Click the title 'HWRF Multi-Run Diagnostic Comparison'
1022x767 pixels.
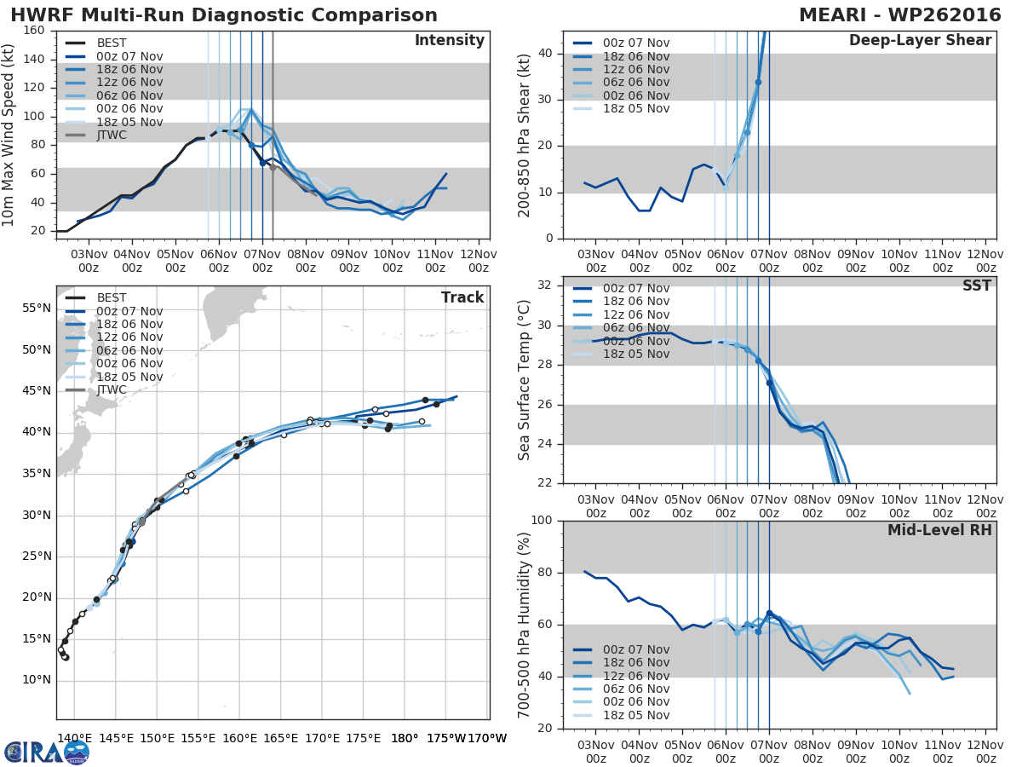coord(224,15)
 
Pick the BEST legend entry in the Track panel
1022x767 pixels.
coord(112,298)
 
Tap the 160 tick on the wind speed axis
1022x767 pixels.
coord(35,31)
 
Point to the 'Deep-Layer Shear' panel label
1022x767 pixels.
coord(920,41)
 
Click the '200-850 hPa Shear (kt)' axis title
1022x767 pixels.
coord(525,135)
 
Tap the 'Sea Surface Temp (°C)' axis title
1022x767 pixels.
coord(525,380)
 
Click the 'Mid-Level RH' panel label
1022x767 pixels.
coord(939,531)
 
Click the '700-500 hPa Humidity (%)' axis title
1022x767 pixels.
coord(525,625)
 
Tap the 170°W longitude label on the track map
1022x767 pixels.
coord(486,738)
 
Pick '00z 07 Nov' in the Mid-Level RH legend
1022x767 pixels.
coord(621,650)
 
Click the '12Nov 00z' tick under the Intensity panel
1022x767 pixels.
coord(479,261)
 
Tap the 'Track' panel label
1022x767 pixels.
coord(462,297)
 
